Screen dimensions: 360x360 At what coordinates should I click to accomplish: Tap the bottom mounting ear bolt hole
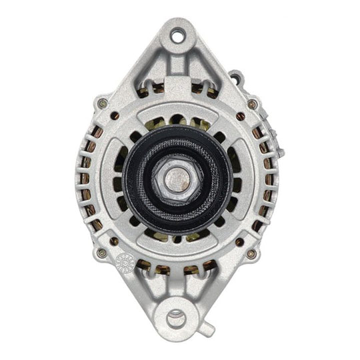[178, 316]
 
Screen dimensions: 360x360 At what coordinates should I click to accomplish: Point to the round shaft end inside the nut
[177, 179]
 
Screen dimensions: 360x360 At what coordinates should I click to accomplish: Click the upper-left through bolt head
[101, 103]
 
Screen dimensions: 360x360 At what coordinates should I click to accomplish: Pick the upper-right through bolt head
[253, 104]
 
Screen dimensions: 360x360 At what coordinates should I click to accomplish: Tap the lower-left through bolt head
[101, 253]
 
